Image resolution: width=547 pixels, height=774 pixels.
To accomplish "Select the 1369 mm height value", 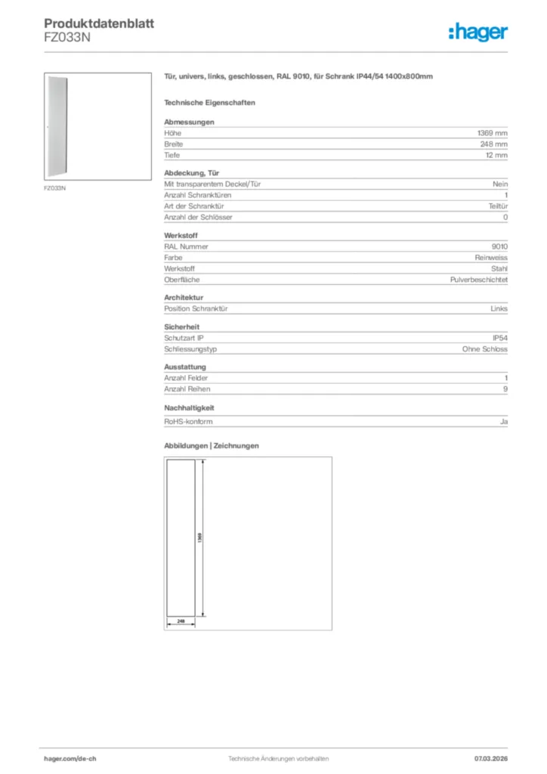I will tap(493, 133).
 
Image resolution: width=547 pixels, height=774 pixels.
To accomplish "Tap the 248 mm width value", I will tap(494, 144).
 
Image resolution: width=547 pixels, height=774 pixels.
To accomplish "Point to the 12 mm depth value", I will tap(496, 155).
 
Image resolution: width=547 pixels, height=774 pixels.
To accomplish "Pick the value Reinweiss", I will tap(492, 257).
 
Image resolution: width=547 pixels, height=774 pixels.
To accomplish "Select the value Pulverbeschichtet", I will tap(479, 280).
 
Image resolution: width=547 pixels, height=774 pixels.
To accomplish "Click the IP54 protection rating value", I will tap(500, 338).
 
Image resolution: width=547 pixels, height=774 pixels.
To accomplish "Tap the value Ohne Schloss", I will tap(485, 349).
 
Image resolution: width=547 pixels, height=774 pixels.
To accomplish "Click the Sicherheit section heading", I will tap(181, 327).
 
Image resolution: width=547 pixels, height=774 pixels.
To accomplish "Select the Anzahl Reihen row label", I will tap(187, 389).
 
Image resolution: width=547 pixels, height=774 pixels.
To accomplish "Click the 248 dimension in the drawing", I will tap(181, 621).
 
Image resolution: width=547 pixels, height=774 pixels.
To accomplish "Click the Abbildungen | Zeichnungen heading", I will tap(212, 446).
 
